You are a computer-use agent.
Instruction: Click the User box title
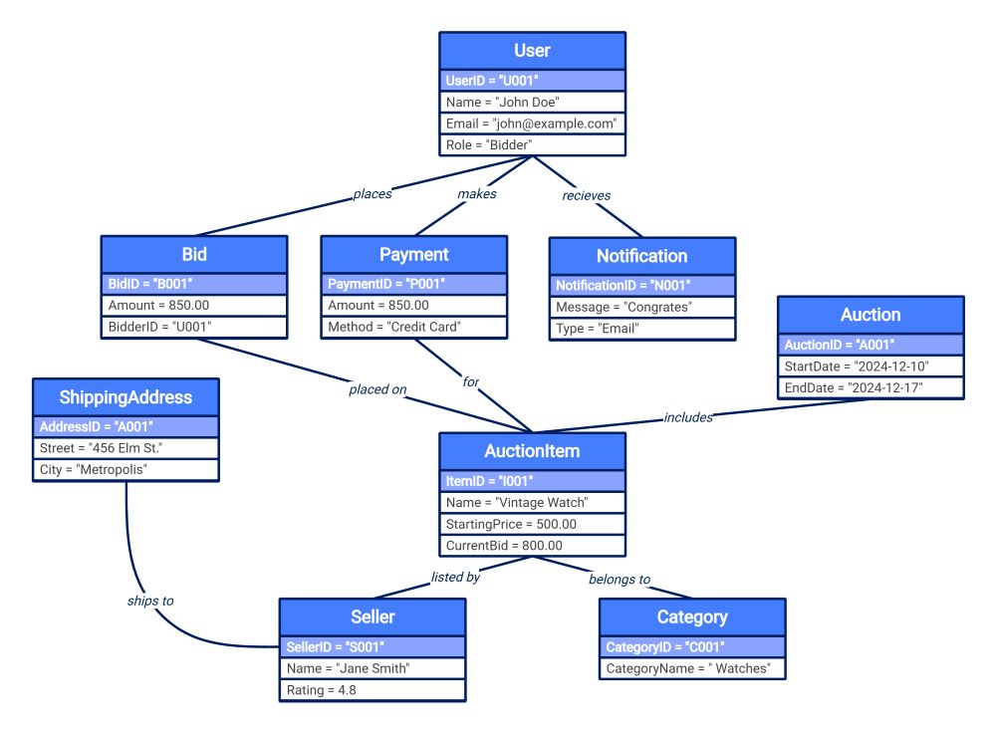[532, 51]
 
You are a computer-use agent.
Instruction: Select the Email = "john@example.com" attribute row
[532, 123]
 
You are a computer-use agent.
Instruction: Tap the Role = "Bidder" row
[532, 145]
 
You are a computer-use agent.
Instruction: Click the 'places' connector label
[372, 194]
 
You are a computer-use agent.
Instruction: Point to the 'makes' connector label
[476, 194]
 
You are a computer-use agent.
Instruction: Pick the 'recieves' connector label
[586, 195]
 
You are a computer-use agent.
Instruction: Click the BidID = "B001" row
[194, 284]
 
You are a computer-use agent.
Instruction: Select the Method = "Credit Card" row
[413, 327]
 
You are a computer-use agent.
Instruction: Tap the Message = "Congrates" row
[642, 308]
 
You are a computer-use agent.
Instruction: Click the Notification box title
[642, 256]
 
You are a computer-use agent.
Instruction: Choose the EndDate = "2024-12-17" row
[871, 387]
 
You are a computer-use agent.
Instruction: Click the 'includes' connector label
[688, 417]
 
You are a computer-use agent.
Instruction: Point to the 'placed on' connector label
[377, 389]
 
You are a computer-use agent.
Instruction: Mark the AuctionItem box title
[532, 451]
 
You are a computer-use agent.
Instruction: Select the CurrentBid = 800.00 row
[532, 546]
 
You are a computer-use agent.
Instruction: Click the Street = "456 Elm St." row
[125, 448]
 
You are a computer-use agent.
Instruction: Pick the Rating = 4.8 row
[372, 690]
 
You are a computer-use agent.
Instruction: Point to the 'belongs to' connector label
[619, 579]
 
